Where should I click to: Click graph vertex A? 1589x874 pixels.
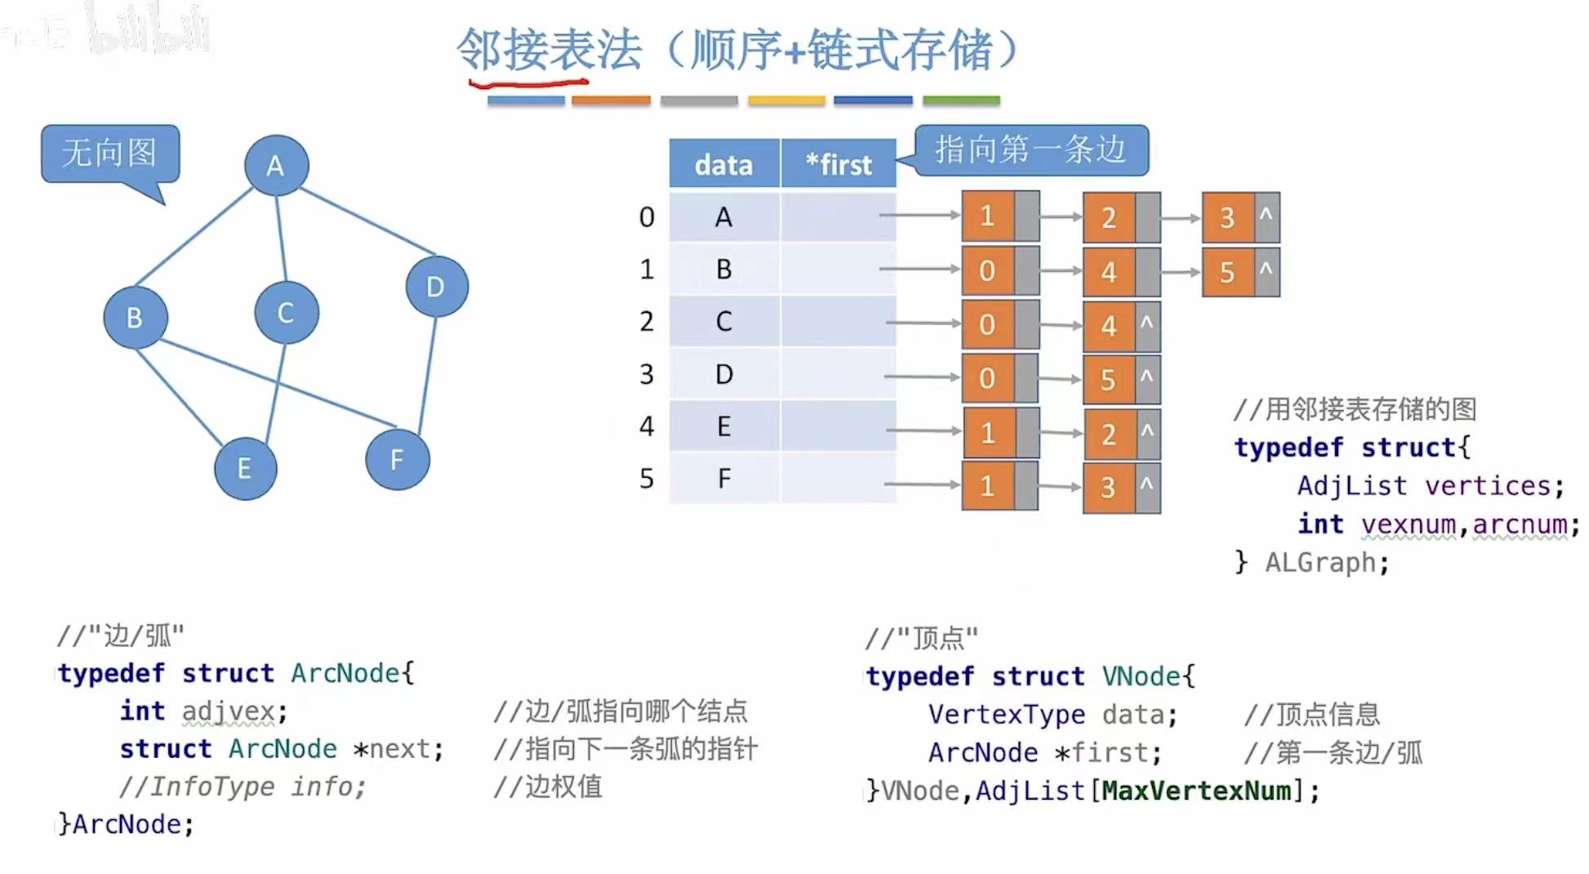[276, 165]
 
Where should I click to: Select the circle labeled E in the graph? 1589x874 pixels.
[245, 468]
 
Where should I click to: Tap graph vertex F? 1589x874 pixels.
[397, 459]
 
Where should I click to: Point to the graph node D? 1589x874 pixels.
[436, 286]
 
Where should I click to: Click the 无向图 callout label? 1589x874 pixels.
[109, 153]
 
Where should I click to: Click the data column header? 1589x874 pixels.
[723, 164]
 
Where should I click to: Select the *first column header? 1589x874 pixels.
[839, 164]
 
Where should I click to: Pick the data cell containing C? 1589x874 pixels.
[723, 321]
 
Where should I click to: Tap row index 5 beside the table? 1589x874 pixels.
[647, 478]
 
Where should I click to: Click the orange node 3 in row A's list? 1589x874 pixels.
[1227, 217]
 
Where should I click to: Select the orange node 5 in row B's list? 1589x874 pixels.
[1227, 272]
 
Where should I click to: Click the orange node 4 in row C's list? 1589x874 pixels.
[1108, 326]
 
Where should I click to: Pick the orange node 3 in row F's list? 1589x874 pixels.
[1108, 488]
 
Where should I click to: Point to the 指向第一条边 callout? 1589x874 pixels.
[1030, 149]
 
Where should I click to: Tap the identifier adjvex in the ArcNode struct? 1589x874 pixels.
[229, 711]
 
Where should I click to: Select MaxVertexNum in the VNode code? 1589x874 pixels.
[1197, 791]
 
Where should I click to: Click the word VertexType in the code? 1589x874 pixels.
[1007, 715]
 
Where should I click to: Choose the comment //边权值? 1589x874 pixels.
[548, 787]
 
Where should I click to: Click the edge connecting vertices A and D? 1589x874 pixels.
[367, 221]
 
